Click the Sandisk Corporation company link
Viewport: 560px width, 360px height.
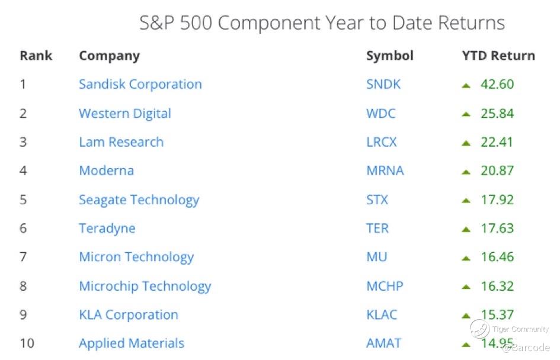(140, 84)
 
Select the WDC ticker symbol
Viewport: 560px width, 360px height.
(380, 114)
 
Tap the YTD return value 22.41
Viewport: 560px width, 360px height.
(497, 142)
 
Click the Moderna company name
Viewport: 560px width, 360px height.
(107, 171)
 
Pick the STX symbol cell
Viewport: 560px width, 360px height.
(377, 200)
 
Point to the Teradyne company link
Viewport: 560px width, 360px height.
(107, 229)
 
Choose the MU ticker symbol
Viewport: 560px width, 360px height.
(377, 257)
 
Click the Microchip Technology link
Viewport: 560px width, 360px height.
(145, 287)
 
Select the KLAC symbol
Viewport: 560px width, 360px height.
(382, 314)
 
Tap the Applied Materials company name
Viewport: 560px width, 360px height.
(132, 343)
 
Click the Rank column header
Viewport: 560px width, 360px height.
(36, 56)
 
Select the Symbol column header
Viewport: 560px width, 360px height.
(390, 56)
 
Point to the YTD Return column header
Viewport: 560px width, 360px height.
(498, 56)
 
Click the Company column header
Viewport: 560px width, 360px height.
(109, 56)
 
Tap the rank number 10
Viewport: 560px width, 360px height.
(27, 343)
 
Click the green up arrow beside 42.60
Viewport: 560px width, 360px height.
(466, 86)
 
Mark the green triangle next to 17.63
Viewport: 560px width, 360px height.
(466, 230)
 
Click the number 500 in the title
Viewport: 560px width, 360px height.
(196, 23)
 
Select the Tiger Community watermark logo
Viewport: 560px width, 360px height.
(479, 329)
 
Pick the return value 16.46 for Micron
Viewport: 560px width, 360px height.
(497, 257)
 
